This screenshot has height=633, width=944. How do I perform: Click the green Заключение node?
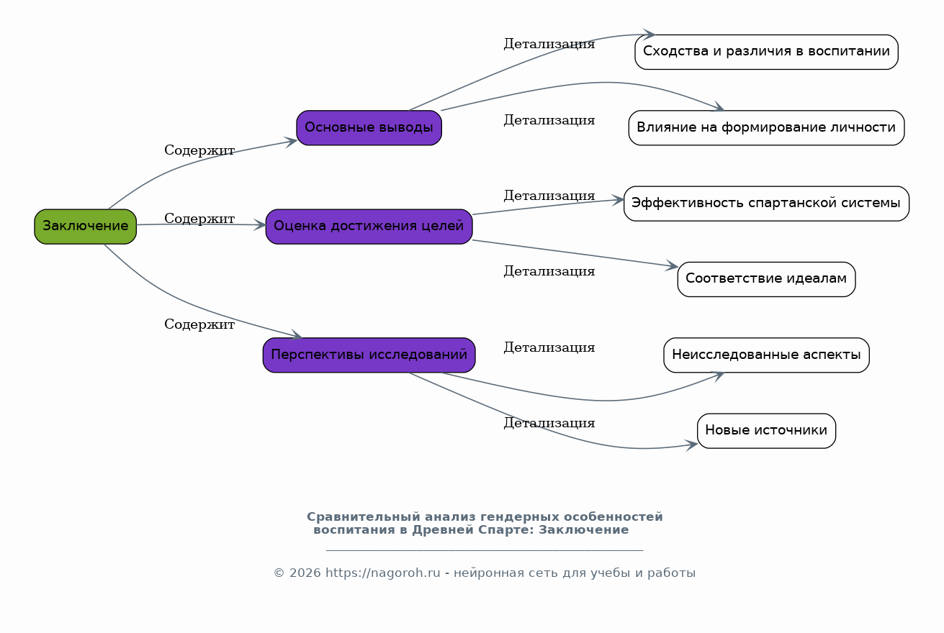[x=85, y=227]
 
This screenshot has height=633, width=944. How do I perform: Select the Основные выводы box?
[x=369, y=127]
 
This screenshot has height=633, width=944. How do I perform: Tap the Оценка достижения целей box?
[x=369, y=227]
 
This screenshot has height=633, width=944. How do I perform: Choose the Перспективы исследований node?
[x=369, y=355]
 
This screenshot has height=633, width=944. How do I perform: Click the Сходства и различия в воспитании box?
[x=766, y=52]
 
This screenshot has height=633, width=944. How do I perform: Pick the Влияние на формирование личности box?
[x=766, y=127]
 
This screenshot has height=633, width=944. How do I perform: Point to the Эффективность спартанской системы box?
[x=766, y=204]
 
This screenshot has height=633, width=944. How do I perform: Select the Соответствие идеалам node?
[x=766, y=279]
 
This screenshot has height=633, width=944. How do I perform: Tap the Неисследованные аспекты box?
[x=766, y=355]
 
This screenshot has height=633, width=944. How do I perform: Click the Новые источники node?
[x=766, y=431]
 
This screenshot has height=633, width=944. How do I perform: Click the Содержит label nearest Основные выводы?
[x=199, y=150]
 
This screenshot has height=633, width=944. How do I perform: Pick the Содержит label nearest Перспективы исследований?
[x=199, y=324]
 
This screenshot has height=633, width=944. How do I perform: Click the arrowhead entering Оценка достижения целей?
[x=260, y=224]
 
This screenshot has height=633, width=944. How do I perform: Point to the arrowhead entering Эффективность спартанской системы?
[x=618, y=200]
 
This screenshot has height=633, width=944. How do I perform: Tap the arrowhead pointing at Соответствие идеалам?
[x=672, y=265]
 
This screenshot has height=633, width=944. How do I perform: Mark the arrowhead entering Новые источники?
[x=692, y=445]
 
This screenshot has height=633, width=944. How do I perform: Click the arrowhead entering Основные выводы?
[x=291, y=142]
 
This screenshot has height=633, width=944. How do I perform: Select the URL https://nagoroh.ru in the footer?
[x=382, y=573]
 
